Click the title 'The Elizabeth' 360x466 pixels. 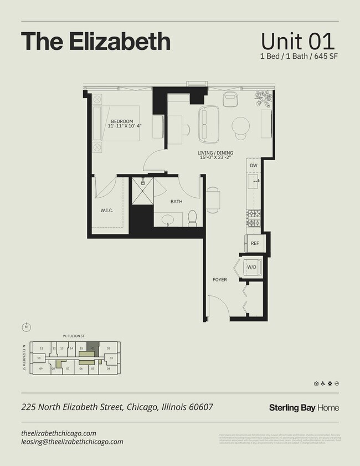pos(95,42)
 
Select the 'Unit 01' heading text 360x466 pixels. pos(297,42)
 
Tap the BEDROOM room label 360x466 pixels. pos(122,121)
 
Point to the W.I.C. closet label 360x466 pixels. pos(107,210)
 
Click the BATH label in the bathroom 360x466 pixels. pos(176,202)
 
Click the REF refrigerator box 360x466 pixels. pos(255,243)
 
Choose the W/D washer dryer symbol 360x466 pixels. pos(251,267)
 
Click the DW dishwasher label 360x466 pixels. pos(254,165)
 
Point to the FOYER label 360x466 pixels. pos(220,280)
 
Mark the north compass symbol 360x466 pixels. pos(26,326)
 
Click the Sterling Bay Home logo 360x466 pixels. pos(304,408)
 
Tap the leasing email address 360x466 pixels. pos(72,442)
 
